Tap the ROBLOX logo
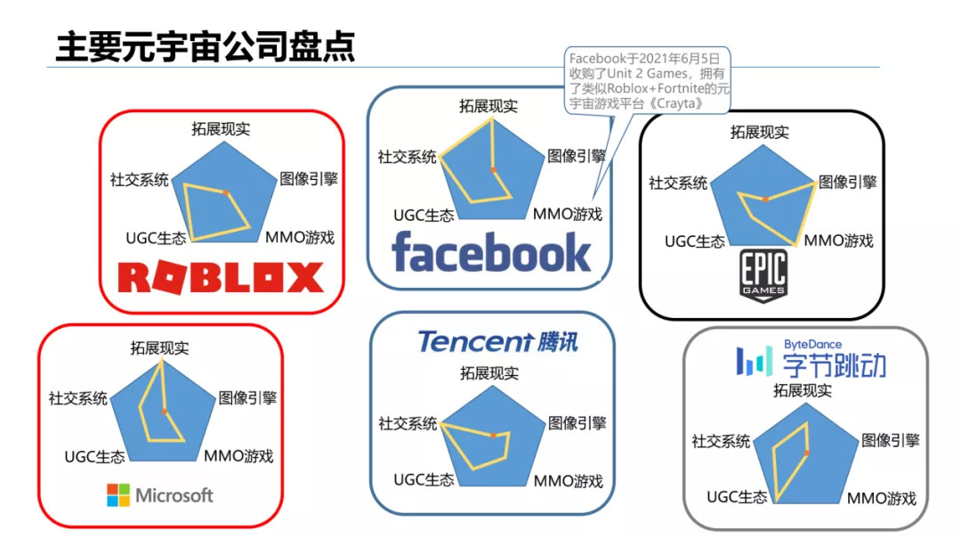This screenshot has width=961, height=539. click(x=221, y=277)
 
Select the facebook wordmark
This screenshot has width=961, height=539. click(x=491, y=252)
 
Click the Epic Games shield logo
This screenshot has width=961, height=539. click(x=763, y=277)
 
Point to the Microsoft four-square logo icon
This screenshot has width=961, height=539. click(x=117, y=495)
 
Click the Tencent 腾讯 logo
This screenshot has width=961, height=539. click(x=498, y=341)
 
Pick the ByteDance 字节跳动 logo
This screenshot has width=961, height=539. click(x=811, y=359)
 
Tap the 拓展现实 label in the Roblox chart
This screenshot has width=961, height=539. click(x=221, y=128)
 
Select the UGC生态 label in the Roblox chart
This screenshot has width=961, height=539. click(x=156, y=238)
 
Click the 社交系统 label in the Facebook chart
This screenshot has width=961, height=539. click(x=407, y=157)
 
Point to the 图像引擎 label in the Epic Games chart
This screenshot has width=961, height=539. click(x=847, y=182)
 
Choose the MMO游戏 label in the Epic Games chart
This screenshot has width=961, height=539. click(x=839, y=241)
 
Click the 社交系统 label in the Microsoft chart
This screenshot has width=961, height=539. click(x=78, y=397)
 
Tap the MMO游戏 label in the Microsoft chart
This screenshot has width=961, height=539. click(x=238, y=456)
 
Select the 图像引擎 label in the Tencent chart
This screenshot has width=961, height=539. click(x=577, y=422)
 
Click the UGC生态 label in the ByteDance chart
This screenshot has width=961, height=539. click(x=737, y=497)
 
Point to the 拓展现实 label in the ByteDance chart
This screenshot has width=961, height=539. click(x=803, y=390)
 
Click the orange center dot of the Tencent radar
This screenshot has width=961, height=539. click(x=493, y=434)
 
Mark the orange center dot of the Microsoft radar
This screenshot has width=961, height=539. click(x=165, y=412)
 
